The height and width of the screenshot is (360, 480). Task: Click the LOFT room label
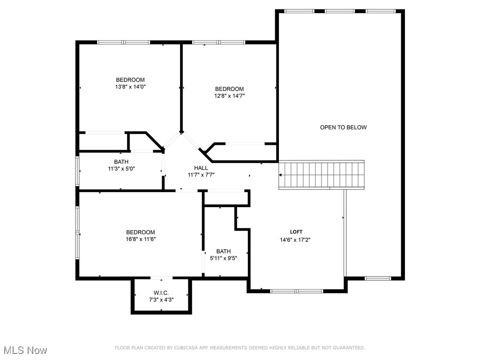pos(296,232)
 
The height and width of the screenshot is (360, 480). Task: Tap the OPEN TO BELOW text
pos(343,127)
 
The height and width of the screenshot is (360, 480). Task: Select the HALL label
pos(201,168)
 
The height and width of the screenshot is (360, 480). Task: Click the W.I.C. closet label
pos(161,293)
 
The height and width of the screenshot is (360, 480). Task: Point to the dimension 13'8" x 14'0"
pos(130,87)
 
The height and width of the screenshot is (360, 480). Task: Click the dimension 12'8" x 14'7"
pos(229,96)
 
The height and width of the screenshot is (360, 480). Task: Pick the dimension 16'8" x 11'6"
pos(141,239)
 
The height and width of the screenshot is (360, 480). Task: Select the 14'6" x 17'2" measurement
pos(295,240)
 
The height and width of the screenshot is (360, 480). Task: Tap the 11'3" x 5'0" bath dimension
pos(121,168)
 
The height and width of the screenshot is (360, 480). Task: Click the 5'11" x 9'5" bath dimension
pos(223,258)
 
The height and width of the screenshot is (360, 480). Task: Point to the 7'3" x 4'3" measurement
pos(161,300)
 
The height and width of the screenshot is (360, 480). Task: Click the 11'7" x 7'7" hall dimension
pos(201,175)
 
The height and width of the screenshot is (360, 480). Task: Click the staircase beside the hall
pos(322,175)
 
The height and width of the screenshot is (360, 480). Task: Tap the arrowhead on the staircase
pos(280,175)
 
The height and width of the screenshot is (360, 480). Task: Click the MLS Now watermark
pos(24,350)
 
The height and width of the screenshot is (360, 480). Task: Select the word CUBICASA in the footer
pos(186,348)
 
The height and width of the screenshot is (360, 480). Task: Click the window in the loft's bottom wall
pos(296,291)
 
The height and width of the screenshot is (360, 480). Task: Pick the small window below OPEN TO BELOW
pos(378,278)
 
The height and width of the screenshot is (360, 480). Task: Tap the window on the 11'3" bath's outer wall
pos(77,171)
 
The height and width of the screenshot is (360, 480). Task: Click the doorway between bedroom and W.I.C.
pos(161,278)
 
